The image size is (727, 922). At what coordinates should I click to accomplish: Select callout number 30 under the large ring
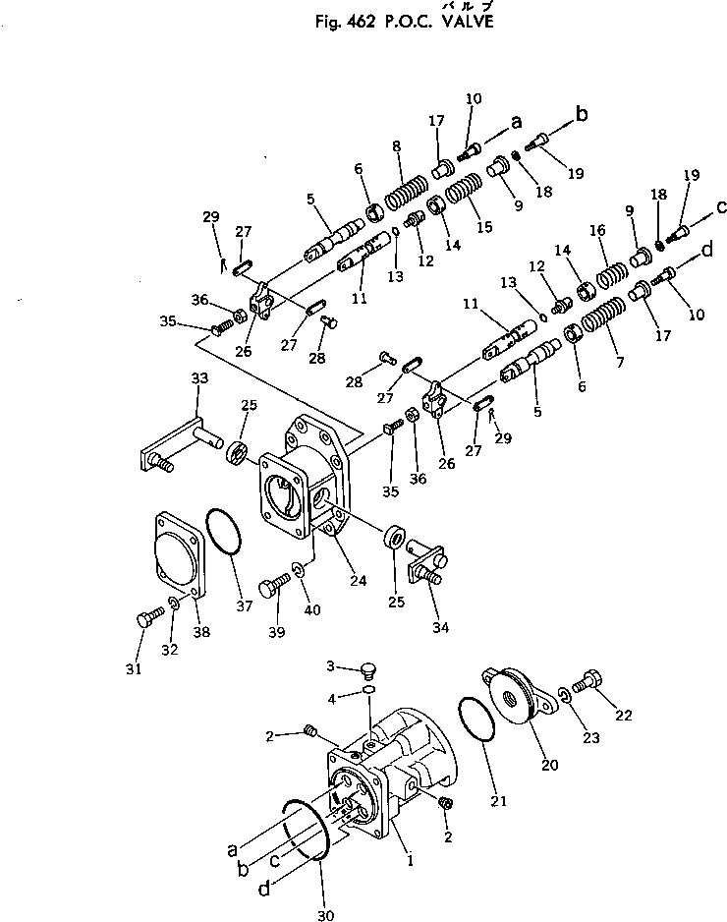click(x=326, y=915)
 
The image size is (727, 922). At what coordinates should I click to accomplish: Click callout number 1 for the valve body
click(x=410, y=859)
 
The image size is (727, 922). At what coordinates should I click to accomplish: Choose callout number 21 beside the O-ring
click(x=498, y=800)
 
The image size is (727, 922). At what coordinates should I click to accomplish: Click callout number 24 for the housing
click(x=358, y=581)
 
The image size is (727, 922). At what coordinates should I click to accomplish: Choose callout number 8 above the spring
click(x=396, y=147)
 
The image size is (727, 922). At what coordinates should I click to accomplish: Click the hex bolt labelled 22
click(x=587, y=679)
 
